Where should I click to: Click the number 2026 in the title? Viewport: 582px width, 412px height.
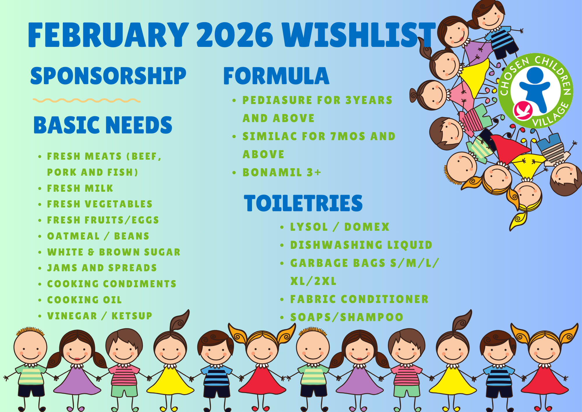235,35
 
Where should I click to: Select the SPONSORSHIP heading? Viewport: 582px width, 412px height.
108,76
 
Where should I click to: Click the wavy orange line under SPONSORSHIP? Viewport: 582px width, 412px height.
86,101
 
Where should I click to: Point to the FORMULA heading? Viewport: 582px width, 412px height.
276,76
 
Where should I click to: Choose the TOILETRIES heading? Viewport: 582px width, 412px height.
303,203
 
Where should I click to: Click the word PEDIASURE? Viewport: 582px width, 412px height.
277,100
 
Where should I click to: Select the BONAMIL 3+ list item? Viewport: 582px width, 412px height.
282,172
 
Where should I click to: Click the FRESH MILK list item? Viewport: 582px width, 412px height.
80,188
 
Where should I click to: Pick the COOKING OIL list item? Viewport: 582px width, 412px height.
84,300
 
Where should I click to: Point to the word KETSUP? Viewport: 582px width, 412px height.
132,316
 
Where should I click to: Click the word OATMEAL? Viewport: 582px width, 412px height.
73,236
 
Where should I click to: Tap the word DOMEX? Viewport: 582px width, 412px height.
367,227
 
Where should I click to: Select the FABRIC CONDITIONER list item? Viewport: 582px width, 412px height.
359,299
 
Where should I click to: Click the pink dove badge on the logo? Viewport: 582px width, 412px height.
523,110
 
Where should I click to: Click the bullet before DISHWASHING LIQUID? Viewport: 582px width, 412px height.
282,245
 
